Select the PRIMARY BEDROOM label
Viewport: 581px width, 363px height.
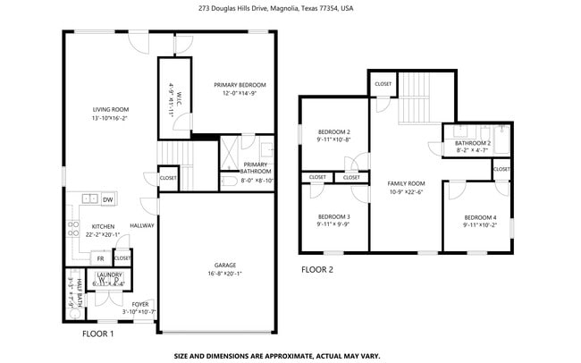click(x=240, y=85)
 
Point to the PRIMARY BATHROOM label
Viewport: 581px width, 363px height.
click(x=256, y=167)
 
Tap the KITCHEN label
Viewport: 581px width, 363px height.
click(x=104, y=227)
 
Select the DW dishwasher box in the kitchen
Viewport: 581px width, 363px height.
click(x=107, y=199)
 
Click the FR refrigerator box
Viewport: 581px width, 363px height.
click(x=100, y=258)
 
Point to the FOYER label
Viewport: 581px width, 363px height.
click(x=140, y=304)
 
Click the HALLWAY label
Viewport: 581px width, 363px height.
click(x=142, y=225)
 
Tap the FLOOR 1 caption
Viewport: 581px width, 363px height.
click(x=98, y=333)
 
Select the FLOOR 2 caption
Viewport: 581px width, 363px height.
click(x=316, y=269)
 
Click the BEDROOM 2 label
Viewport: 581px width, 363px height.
click(x=333, y=132)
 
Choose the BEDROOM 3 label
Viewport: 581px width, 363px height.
click(x=333, y=216)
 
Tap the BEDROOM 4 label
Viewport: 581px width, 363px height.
click(x=480, y=217)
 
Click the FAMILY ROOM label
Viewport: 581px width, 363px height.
click(x=405, y=182)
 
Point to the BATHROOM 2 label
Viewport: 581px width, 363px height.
click(x=472, y=143)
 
